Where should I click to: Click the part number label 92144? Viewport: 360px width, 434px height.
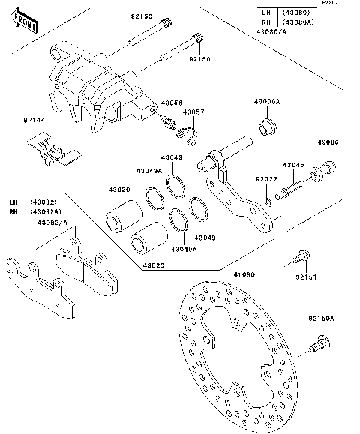(x=34, y=120)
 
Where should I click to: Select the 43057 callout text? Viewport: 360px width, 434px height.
(x=193, y=112)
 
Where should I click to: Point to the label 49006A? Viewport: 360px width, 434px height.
(x=267, y=101)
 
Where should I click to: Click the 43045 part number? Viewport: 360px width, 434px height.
(x=293, y=165)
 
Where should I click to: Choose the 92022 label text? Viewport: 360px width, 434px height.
(x=265, y=180)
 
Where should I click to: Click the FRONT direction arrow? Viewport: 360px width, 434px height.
(x=26, y=25)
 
